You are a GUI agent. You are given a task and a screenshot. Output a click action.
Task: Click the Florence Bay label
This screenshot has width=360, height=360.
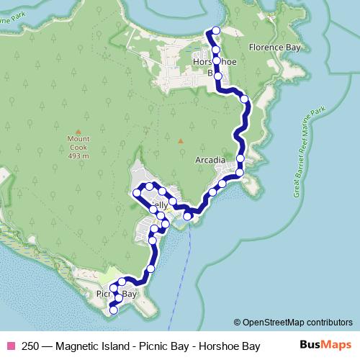(274, 47)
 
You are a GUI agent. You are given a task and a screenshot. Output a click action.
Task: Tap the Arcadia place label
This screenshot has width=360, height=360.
(210, 160)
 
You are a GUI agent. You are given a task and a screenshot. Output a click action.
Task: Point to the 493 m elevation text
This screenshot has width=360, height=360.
(78, 155)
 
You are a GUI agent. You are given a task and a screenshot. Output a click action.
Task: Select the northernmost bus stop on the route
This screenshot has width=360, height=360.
(213, 31)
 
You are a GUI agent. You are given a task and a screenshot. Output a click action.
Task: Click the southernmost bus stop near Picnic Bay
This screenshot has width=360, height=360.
(113, 310)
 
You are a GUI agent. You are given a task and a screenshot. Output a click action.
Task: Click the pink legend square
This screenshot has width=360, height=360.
(10, 346)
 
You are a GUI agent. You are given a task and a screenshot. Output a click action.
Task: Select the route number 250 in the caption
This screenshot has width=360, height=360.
(31, 346)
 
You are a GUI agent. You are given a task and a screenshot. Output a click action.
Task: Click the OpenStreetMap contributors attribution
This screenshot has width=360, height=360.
(296, 323)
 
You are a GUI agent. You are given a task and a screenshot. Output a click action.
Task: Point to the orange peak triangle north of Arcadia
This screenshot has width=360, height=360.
(181, 140)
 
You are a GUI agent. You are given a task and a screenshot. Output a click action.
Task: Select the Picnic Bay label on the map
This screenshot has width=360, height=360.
(116, 294)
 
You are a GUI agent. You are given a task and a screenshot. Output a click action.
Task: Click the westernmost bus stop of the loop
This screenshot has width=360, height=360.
(137, 192)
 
